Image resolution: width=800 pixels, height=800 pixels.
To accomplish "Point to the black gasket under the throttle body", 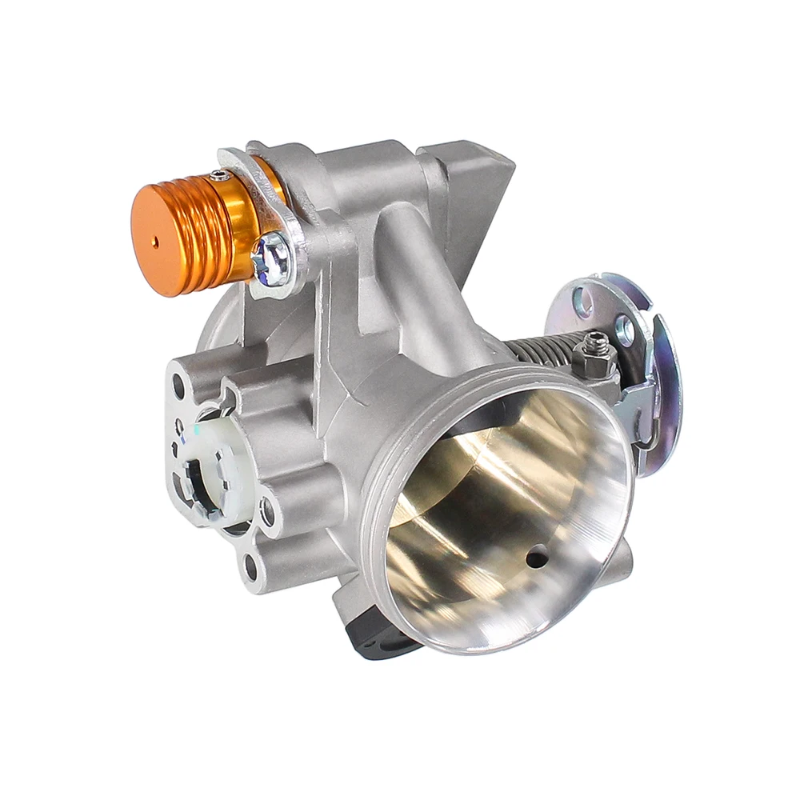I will (376, 640).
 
